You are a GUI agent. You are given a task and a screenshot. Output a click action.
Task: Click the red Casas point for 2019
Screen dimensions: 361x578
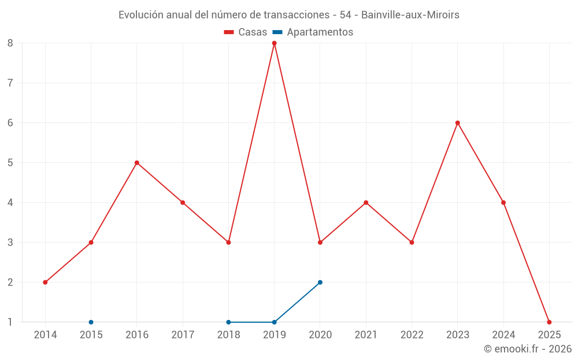click(x=274, y=43)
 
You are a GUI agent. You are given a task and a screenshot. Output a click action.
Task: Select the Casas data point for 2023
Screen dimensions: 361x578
click(x=458, y=122)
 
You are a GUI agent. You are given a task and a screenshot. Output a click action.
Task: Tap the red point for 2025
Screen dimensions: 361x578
click(x=549, y=322)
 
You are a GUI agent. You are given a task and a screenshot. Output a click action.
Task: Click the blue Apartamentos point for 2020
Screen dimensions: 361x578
click(x=320, y=282)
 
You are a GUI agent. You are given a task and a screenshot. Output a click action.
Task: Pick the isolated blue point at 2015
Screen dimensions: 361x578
click(x=91, y=322)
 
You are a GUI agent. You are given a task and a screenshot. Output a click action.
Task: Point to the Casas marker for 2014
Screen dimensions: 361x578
click(x=45, y=282)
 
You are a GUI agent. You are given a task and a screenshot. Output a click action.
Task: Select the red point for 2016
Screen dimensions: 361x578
click(x=137, y=162)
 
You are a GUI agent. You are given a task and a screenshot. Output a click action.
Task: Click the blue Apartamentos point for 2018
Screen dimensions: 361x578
click(x=228, y=322)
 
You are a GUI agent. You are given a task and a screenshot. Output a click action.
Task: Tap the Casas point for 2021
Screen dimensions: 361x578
click(x=366, y=202)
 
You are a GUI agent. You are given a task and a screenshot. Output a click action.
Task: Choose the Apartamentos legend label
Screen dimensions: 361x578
click(x=320, y=32)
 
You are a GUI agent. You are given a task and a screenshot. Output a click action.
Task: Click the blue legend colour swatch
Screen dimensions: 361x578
click(x=278, y=32)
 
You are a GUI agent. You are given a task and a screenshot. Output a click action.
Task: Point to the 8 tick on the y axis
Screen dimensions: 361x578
click(x=10, y=43)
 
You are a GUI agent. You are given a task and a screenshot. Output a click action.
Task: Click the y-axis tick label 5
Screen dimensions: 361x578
click(x=10, y=162)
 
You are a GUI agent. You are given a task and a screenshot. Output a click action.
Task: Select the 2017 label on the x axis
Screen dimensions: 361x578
click(x=183, y=335)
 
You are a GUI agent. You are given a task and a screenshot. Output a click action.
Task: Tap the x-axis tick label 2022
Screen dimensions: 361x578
click(x=412, y=335)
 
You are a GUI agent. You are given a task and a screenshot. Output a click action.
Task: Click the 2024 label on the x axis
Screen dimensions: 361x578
click(x=503, y=335)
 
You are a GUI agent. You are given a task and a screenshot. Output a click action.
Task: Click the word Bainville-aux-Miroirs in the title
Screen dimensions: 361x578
click(x=410, y=15)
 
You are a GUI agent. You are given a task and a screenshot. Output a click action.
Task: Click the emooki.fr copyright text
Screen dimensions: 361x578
click(x=528, y=349)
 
